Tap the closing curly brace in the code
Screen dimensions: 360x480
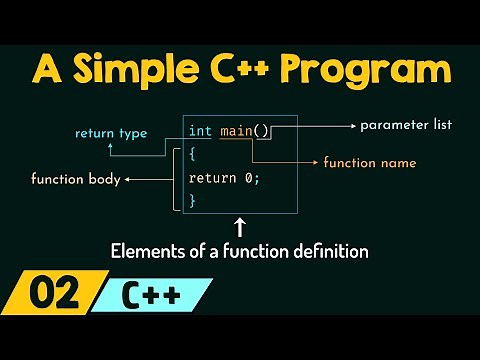tap(193, 200)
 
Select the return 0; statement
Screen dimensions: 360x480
tap(224, 178)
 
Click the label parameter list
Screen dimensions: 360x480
tap(406, 125)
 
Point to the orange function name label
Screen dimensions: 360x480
tap(370, 161)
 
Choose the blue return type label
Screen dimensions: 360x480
tap(111, 132)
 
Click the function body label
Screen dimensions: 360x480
tap(75, 180)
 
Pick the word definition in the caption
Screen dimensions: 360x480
tap(333, 252)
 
